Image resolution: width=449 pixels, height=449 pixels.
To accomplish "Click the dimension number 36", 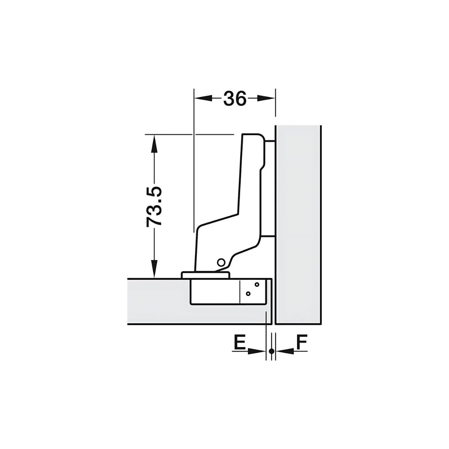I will tap(235, 98).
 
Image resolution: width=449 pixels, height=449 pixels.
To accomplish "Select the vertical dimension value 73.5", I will tap(154, 206).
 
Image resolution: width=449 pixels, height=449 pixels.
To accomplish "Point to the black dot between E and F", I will tap(271, 351).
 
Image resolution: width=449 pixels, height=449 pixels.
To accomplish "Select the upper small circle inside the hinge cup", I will tap(257, 284).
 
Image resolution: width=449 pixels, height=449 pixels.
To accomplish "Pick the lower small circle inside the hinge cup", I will tap(248, 294).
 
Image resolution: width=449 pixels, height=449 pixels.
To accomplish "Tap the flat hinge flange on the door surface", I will tap(205, 275).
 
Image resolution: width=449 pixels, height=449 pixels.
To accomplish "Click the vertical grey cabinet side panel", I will tap(298, 224).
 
